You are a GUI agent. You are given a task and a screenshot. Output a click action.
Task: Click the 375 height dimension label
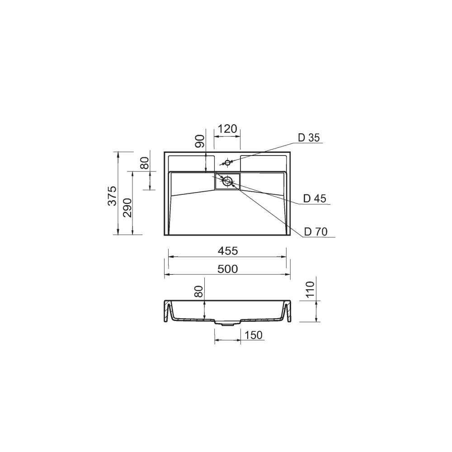click(113, 196)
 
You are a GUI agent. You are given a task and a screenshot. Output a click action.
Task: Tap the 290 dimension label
click(127, 207)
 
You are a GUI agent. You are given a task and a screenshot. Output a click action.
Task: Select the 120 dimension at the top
click(227, 129)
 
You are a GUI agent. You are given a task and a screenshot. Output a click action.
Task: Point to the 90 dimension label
click(201, 141)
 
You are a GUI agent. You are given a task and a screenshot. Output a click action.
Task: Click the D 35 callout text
click(309, 138)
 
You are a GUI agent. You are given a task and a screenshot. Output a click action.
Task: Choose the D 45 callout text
click(315, 198)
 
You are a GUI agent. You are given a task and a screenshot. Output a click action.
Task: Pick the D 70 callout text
click(316, 231)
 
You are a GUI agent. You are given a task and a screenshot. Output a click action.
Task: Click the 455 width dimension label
click(228, 251)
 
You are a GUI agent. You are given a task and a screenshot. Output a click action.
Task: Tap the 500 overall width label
click(228, 269)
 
